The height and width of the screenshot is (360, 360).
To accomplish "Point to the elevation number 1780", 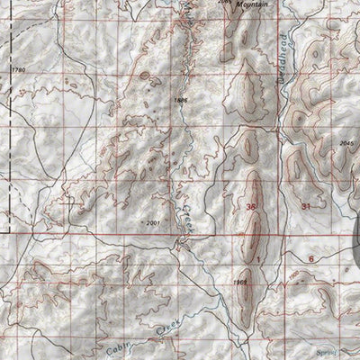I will (13, 69).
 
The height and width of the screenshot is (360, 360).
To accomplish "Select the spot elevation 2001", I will (157, 220).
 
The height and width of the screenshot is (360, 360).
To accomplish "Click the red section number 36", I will (249, 207).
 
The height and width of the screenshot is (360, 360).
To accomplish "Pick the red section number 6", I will (310, 257).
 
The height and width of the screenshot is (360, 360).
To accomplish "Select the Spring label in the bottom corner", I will (337, 354).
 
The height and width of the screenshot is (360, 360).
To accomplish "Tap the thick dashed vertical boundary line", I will (8, 135).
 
